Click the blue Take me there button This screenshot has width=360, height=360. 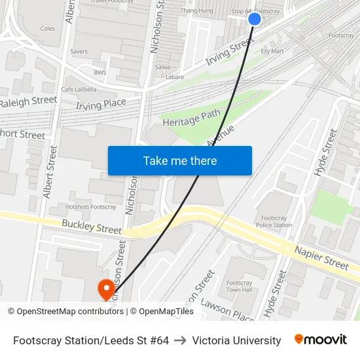click(179, 160)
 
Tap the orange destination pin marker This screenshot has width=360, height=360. click(105, 289)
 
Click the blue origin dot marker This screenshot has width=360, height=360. click(255, 19)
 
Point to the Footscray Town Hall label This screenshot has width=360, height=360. click(239, 285)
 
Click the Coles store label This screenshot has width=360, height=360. click(48, 28)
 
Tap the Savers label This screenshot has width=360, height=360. click(79, 51)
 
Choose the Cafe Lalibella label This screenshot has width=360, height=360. click(79, 89)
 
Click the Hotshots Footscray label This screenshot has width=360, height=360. click(90, 207)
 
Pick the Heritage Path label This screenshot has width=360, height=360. click(192, 117)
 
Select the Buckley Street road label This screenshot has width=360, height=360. click(92, 226)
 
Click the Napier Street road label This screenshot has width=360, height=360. click(321, 258)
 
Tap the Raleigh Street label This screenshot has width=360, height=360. click(28, 102)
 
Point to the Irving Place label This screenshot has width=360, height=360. click(101, 103)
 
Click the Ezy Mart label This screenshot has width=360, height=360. click(272, 50)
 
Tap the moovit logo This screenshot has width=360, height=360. click(320, 340)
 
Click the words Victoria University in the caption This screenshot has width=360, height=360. click(236, 340)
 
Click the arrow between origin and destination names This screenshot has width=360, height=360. click(180, 340)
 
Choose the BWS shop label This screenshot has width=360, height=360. click(100, 73)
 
